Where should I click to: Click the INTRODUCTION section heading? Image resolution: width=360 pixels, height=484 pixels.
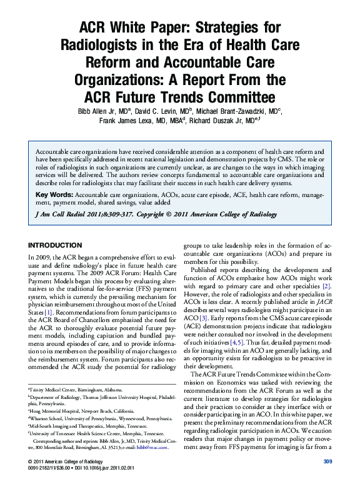55,245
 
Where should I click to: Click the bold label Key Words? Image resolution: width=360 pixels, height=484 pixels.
54,196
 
